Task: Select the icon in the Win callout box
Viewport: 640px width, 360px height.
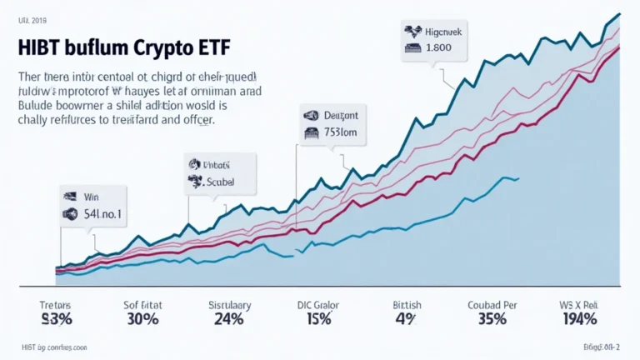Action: click(70, 214)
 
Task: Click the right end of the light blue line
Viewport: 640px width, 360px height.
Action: click(518, 177)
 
